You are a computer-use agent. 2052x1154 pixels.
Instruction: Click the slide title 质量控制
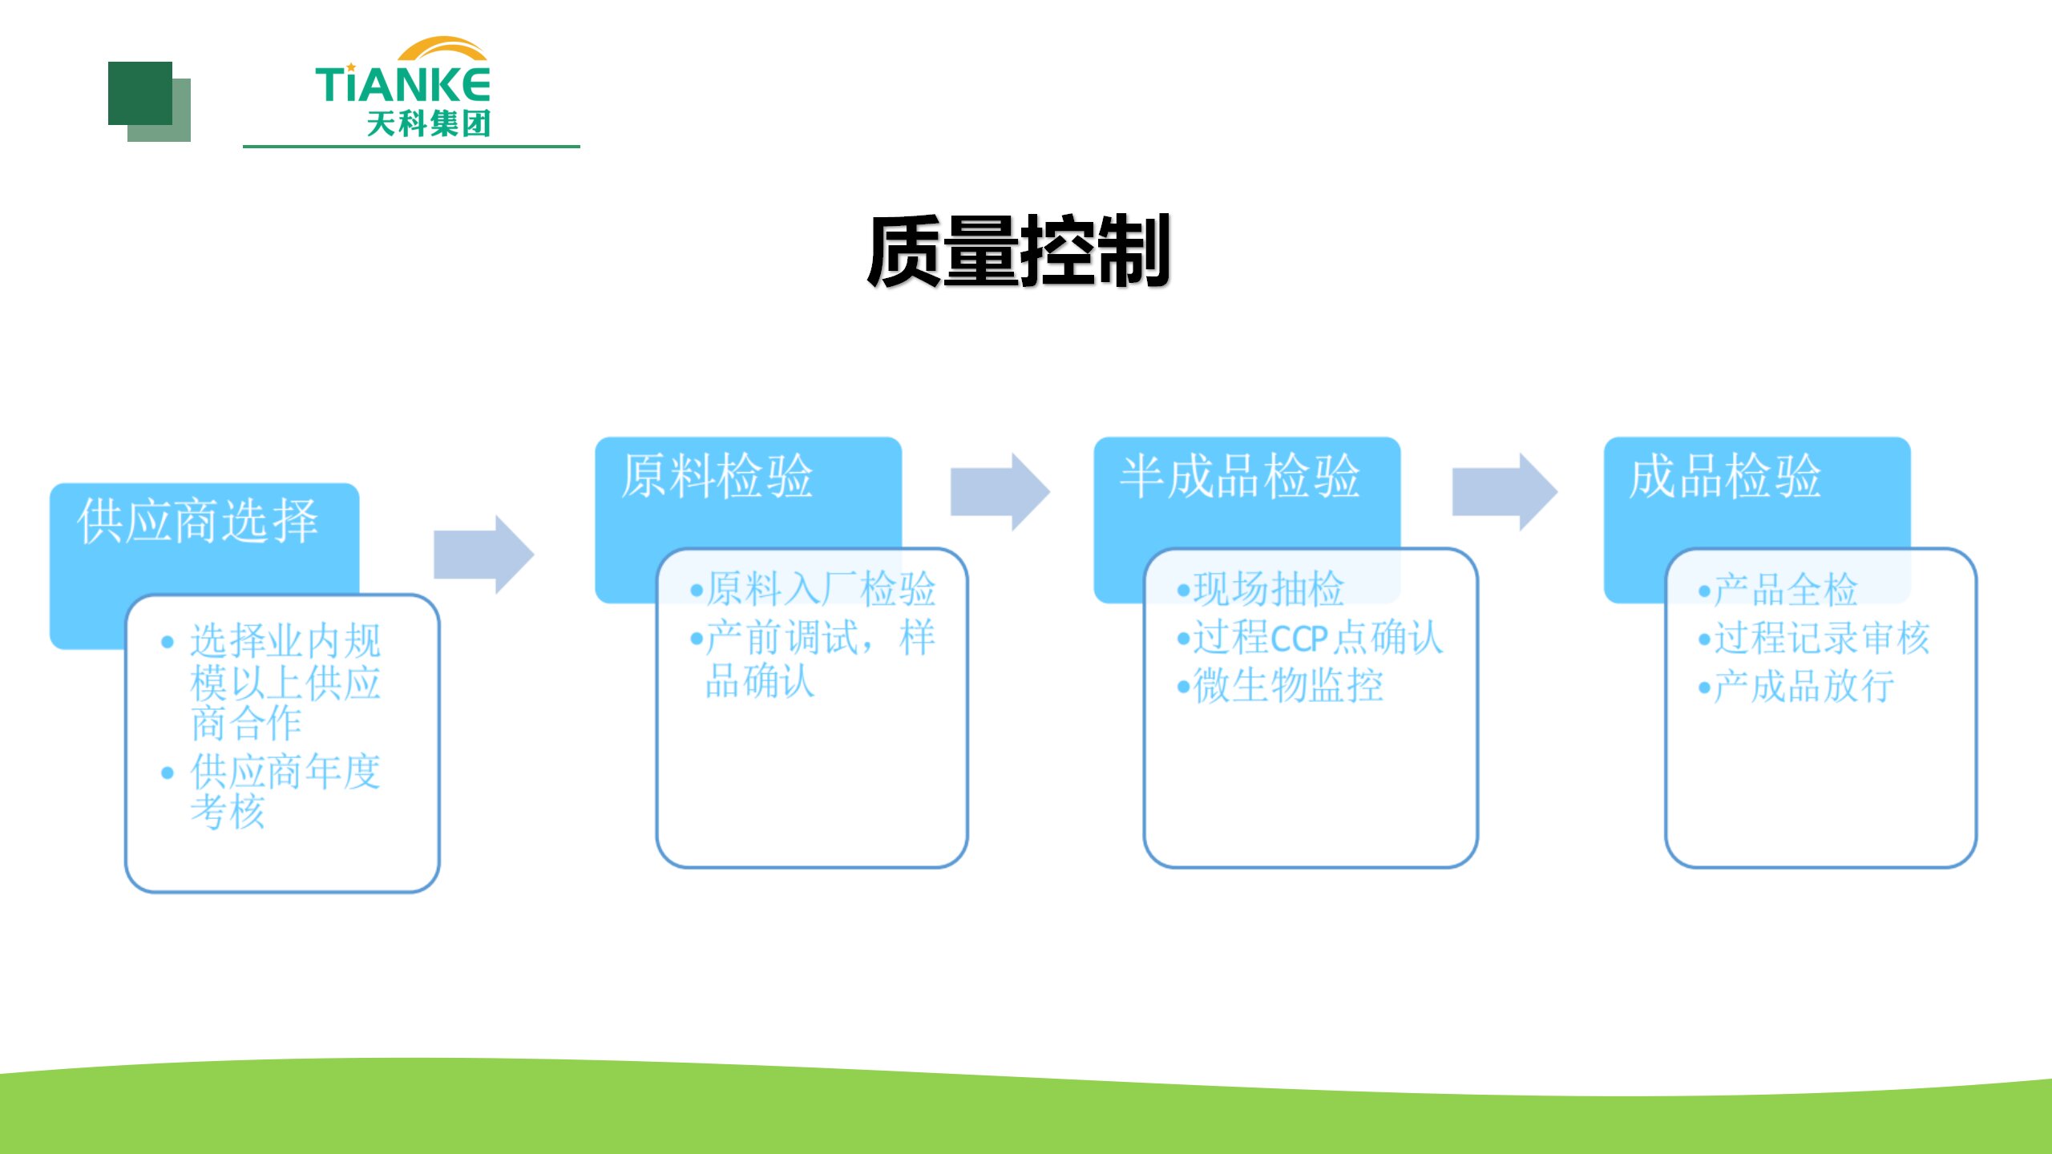(x=1018, y=252)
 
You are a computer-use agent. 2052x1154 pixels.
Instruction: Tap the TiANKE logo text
(x=402, y=84)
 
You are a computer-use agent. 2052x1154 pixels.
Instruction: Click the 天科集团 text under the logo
(x=428, y=124)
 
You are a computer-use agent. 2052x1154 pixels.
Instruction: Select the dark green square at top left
(x=140, y=93)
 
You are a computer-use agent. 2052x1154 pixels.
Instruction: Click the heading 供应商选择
(x=198, y=522)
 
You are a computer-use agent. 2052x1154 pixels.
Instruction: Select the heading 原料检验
(x=717, y=476)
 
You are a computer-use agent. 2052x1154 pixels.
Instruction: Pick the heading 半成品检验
(x=1239, y=476)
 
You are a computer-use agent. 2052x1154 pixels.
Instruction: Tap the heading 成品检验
(x=1725, y=476)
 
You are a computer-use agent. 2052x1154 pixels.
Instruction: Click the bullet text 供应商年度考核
(x=285, y=792)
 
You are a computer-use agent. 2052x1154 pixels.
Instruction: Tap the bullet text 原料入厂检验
(x=820, y=589)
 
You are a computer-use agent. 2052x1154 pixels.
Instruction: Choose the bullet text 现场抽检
(x=1268, y=589)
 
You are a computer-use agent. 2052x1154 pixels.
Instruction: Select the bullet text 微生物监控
(x=1287, y=686)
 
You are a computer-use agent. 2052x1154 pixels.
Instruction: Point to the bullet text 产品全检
(x=1784, y=590)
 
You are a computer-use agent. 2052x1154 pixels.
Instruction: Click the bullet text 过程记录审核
(x=1821, y=639)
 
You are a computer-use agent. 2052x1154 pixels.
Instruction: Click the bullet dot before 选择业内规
(x=168, y=642)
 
